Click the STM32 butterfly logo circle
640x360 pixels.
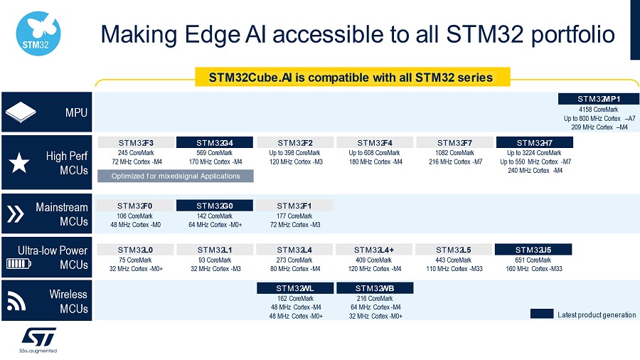click(38, 34)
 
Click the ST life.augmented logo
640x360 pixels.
click(38, 340)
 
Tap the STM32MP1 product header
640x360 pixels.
click(598, 99)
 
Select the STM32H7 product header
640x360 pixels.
click(534, 142)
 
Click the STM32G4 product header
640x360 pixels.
click(215, 142)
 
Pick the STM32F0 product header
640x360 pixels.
click(135, 206)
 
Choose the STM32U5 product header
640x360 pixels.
click(533, 250)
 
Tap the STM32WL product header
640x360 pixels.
click(295, 288)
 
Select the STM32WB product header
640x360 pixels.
click(375, 288)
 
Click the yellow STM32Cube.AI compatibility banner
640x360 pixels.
click(353, 77)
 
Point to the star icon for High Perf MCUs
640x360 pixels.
click(19, 163)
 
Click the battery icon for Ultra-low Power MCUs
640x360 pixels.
click(18, 264)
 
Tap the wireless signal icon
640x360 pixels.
click(16, 301)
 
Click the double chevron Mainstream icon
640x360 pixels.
click(16, 214)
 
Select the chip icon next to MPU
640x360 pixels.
click(21, 112)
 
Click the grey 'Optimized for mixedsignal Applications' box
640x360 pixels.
click(176, 176)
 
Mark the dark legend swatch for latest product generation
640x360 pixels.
click(542, 314)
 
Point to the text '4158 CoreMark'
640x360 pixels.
click(598, 110)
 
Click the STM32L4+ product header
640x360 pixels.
click(374, 250)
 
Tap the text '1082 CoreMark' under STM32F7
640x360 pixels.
click(454, 153)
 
